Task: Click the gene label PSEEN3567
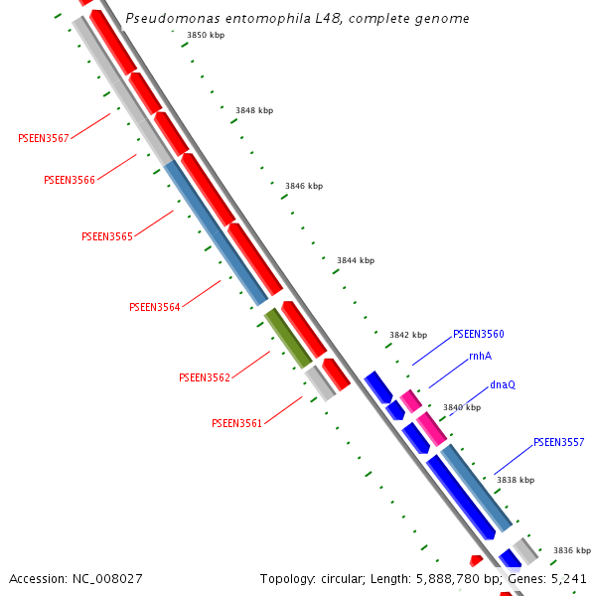44,138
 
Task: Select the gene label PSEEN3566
70,180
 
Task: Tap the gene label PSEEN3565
106,236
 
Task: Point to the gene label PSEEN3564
155,307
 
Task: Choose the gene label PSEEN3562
205,377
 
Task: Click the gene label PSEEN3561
236,423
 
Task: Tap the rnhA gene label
480,356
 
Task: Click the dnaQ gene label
503,384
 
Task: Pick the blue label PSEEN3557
559,442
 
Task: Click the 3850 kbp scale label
206,35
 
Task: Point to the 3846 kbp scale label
304,186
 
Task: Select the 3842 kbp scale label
408,335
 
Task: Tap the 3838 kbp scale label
516,480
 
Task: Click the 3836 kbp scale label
572,550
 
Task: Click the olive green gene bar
288,338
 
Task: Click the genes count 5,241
568,578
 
